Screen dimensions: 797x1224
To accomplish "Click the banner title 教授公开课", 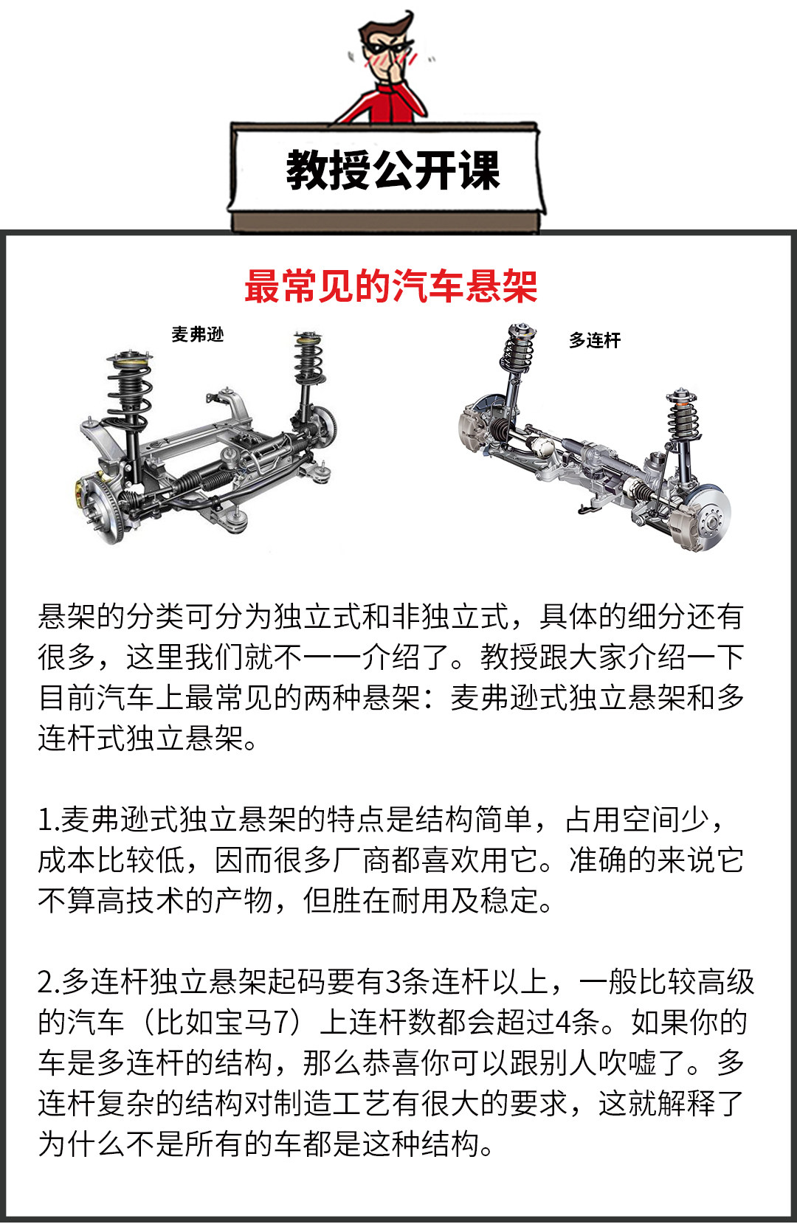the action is click(393, 170).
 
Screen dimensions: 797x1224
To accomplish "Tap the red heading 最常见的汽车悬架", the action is click(391, 286).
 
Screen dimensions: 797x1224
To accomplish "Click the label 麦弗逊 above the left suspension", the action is click(198, 334).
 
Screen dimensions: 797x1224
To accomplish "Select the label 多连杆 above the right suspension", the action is click(595, 340).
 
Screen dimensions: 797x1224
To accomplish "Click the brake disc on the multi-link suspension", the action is click(708, 517).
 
